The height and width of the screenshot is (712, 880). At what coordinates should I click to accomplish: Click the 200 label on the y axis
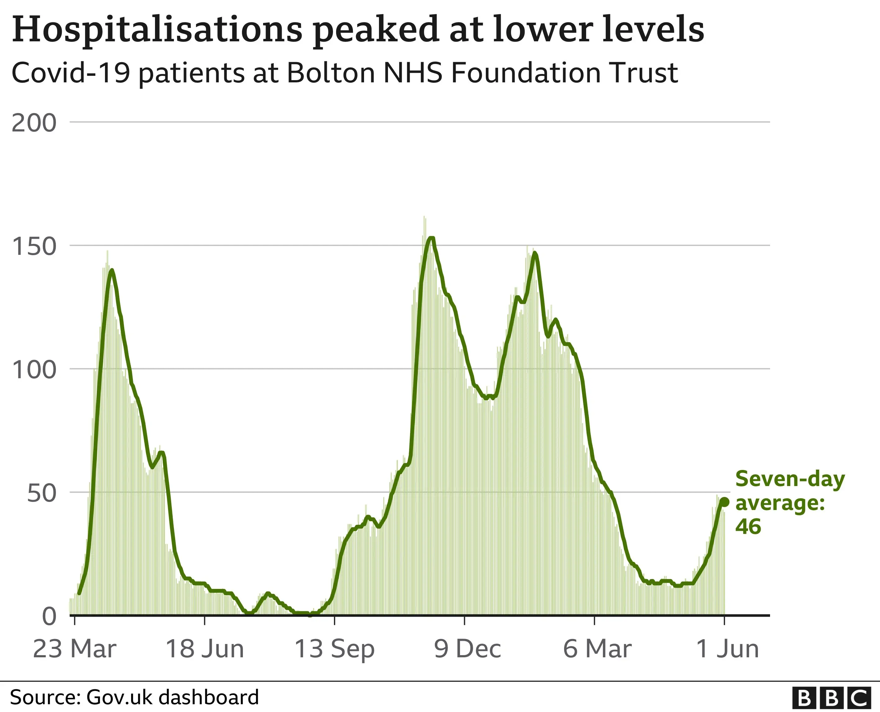(34, 123)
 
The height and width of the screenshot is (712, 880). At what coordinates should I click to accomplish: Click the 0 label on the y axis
(49, 617)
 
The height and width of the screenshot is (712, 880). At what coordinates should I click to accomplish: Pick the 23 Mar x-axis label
(75, 649)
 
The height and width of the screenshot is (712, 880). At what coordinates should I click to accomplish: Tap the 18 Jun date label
(204, 649)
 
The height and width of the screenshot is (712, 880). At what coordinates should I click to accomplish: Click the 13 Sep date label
(335, 649)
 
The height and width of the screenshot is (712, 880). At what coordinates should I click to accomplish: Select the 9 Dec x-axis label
(467, 649)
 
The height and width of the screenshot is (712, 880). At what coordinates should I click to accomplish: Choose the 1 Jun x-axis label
(727, 649)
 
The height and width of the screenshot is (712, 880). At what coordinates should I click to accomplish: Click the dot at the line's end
(724, 502)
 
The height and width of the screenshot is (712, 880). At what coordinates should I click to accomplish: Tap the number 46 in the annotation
(748, 526)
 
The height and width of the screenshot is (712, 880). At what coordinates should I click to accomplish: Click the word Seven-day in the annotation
(790, 479)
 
